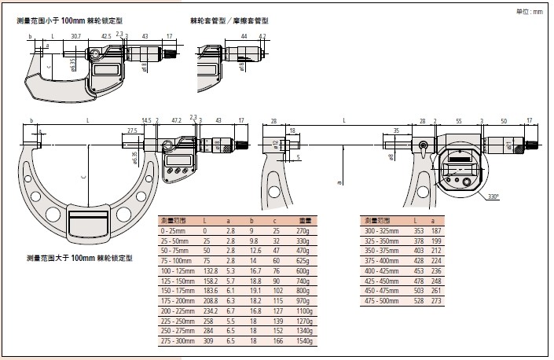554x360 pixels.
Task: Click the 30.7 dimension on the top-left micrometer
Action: [76, 36]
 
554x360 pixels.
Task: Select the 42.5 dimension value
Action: [105, 36]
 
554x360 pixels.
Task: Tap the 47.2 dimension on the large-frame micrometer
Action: [177, 120]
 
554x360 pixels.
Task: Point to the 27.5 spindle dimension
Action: [131, 130]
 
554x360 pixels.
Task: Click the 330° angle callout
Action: [492, 196]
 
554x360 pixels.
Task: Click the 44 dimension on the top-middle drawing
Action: [245, 36]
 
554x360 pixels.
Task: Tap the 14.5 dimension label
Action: [147, 120]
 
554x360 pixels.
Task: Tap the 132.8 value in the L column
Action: [211, 269]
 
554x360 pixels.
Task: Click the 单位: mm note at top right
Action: [528, 12]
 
